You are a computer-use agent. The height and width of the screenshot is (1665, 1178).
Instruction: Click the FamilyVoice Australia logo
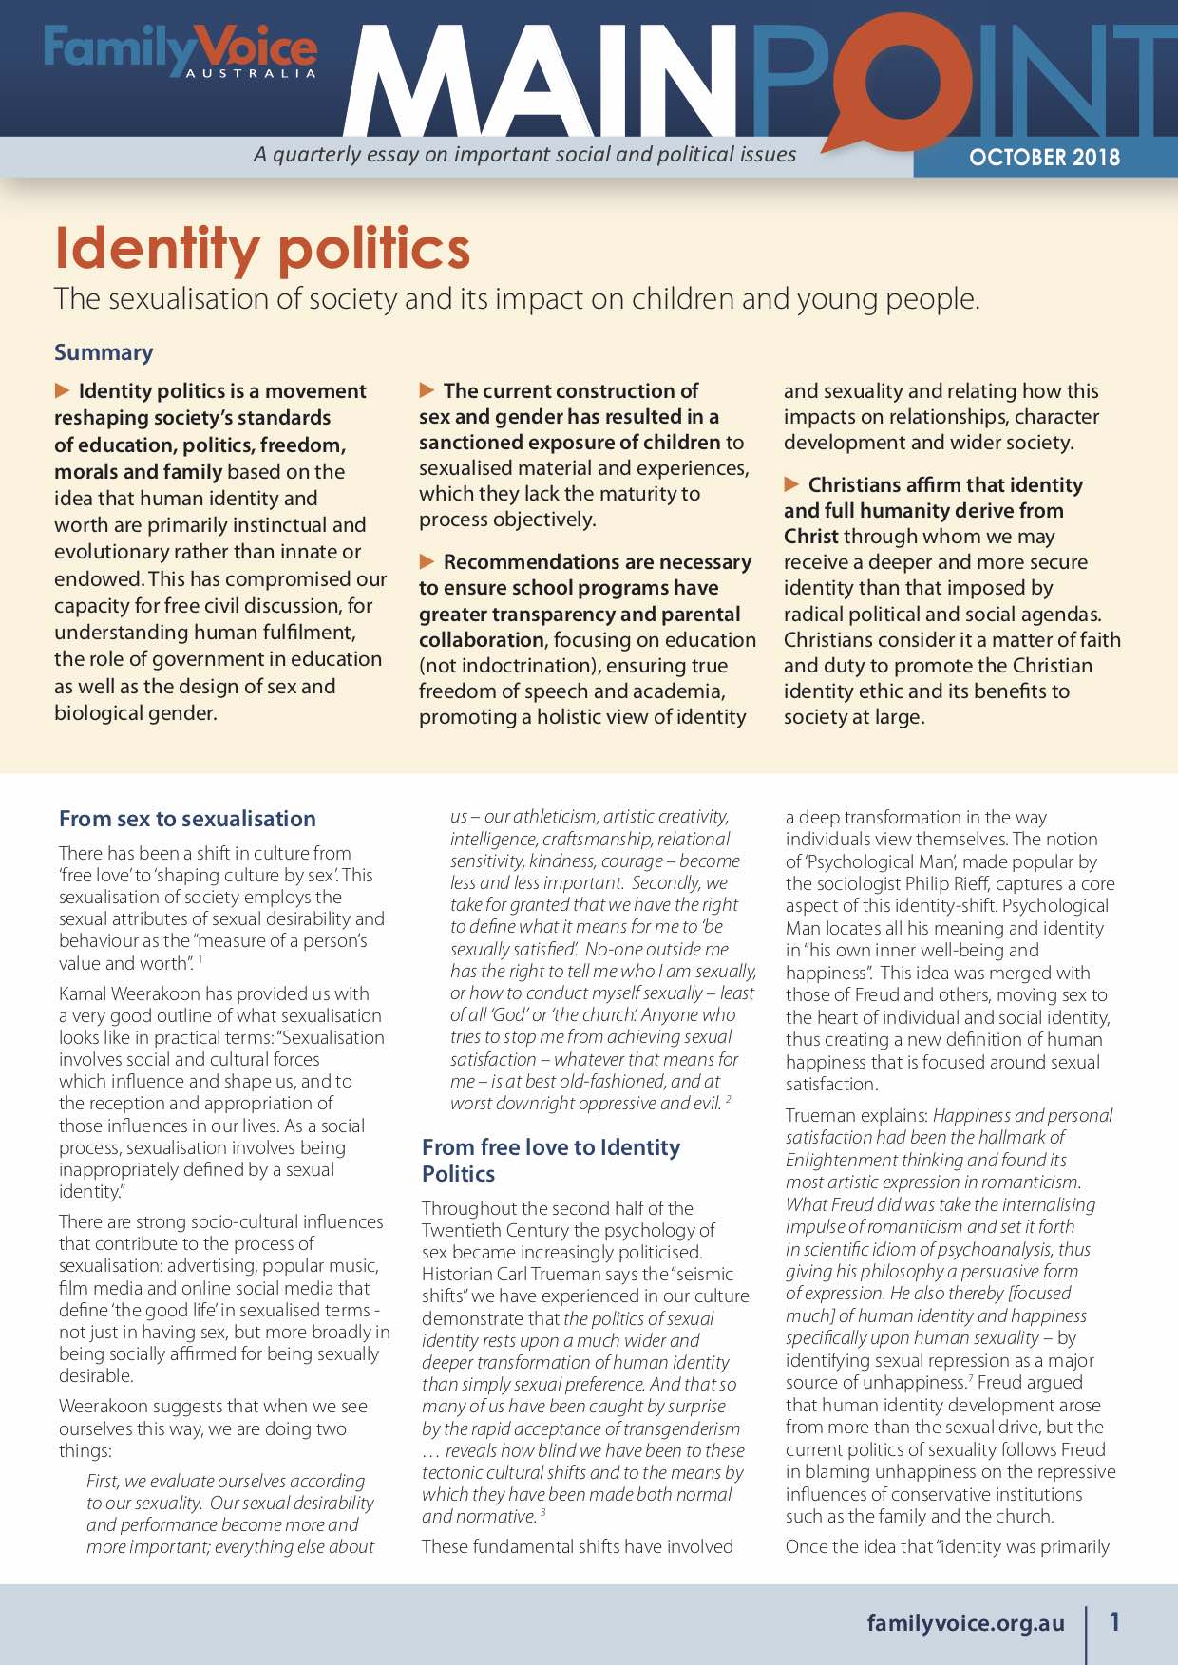180,50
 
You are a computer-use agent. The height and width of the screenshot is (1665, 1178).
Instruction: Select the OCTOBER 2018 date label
1044,158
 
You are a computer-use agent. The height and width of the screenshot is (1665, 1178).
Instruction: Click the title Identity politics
262,248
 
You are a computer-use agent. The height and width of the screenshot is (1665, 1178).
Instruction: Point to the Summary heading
104,352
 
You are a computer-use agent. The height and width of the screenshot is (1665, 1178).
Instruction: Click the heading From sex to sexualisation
187,819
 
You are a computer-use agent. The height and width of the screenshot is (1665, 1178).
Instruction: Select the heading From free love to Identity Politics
551,1160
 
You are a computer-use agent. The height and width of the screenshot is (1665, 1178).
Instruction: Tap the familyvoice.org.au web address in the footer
965,1622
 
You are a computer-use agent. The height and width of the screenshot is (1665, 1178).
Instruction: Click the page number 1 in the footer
1115,1621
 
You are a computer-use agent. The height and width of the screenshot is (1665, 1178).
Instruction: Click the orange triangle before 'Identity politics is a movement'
63,390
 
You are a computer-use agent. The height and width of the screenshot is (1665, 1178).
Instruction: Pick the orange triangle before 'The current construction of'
427,390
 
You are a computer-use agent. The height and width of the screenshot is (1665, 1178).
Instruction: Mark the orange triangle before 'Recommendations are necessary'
427,561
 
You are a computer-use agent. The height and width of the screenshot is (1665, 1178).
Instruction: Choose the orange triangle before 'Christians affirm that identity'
792,484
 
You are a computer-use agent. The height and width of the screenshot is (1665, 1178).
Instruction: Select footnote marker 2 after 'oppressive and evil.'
729,1099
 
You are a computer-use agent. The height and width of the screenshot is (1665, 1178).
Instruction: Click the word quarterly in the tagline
317,154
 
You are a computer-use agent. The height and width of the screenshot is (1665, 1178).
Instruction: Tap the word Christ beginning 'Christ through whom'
810,537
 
